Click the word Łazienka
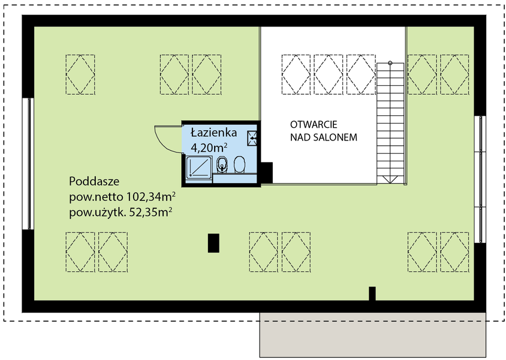pyautogui.click(x=214, y=133)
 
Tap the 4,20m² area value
pyautogui.click(x=209, y=148)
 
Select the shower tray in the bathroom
pyautogui.click(x=199, y=167)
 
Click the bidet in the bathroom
pyautogui.click(x=222, y=164)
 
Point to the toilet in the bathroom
pyautogui.click(x=239, y=164)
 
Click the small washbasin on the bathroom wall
pyautogui.click(x=252, y=138)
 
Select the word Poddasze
pyautogui.click(x=94, y=181)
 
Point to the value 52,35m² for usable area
pyautogui.click(x=150, y=212)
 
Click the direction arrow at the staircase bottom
pyautogui.click(x=390, y=179)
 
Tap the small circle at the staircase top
pyautogui.click(x=390, y=62)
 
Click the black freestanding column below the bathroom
pyautogui.click(x=213, y=243)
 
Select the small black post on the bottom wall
pyautogui.click(x=372, y=293)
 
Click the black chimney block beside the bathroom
pyautogui.click(x=267, y=172)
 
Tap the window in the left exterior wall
pyautogui.click(x=28, y=164)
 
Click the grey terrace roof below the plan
pyautogui.click(x=373, y=335)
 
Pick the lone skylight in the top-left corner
pyautogui.click(x=80, y=74)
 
